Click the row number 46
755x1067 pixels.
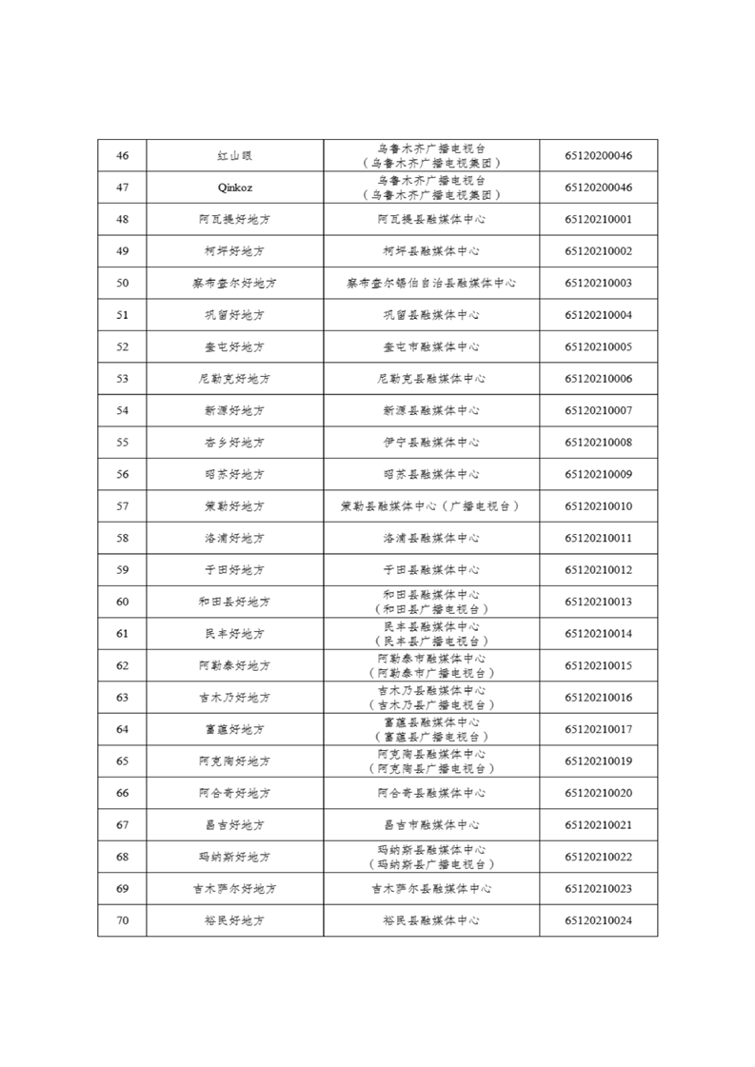pyautogui.click(x=122, y=156)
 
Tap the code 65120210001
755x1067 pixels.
pyautogui.click(x=598, y=220)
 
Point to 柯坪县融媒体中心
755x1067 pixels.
pyautogui.click(x=430, y=251)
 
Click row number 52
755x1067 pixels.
pyautogui.click(x=122, y=347)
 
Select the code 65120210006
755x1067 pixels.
pyautogui.click(x=598, y=379)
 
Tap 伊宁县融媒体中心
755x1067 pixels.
pyautogui.click(x=430, y=443)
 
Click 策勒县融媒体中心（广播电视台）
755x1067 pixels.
pyautogui.click(x=430, y=506)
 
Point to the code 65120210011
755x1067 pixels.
pyautogui.click(x=598, y=538)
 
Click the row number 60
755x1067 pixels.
pyautogui.click(x=122, y=602)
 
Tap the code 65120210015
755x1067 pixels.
pyautogui.click(x=598, y=665)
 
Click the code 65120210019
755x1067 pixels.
pyautogui.click(x=598, y=761)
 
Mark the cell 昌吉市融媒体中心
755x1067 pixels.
pyautogui.click(x=430, y=825)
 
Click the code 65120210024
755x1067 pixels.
pyautogui.click(x=598, y=920)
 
